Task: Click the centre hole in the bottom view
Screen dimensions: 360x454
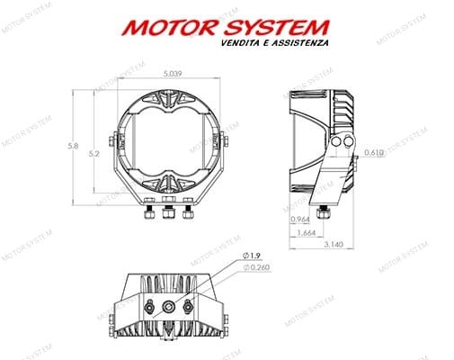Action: coord(167,307)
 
